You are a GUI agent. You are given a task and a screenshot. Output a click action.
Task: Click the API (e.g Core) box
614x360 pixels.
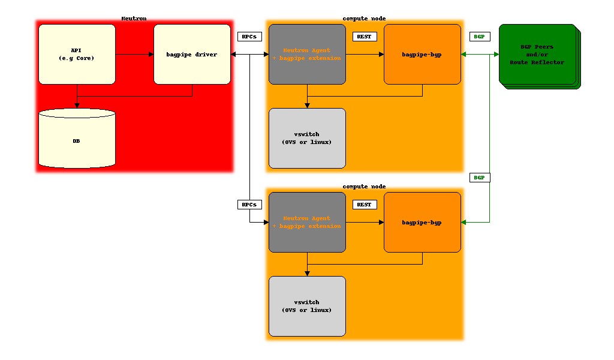tap(77, 54)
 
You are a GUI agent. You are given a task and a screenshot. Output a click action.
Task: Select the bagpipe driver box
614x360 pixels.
tap(192, 54)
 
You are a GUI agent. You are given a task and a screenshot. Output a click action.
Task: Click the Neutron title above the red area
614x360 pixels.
tap(134, 19)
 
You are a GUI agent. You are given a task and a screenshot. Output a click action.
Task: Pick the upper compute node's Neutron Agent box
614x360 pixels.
tap(307, 54)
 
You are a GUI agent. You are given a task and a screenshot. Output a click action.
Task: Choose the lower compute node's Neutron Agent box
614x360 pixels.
tap(307, 222)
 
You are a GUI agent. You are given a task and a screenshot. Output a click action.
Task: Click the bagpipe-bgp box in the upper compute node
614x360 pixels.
tap(422, 54)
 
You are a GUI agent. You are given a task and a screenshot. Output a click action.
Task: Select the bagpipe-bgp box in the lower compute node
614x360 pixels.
tap(422, 222)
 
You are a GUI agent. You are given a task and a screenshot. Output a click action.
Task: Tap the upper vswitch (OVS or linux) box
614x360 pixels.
tap(307, 138)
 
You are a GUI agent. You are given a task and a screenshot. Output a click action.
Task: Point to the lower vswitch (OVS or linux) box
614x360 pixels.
tap(307, 306)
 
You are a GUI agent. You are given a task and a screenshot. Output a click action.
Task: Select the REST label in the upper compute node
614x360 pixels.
tap(364, 37)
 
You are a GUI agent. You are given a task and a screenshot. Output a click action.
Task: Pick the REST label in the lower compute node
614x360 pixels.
tap(364, 205)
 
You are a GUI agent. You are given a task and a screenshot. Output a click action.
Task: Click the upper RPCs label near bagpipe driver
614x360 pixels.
tap(249, 37)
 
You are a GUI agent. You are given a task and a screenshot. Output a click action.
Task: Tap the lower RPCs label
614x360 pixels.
tap(249, 205)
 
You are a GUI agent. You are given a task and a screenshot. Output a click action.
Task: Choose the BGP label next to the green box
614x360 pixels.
tap(479, 37)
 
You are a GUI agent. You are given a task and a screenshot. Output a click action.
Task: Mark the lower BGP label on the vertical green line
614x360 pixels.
tap(479, 178)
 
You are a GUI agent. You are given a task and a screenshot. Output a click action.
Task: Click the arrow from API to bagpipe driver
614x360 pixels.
tap(134, 54)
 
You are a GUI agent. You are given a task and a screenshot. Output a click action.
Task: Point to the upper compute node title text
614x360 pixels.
tap(364, 19)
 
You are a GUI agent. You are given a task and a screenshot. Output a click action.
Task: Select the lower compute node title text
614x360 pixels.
tap(364, 187)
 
